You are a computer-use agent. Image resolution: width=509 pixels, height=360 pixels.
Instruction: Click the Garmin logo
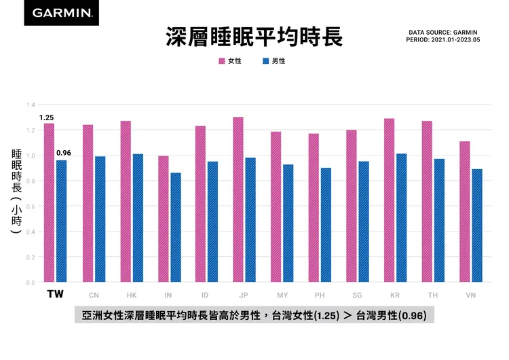(61, 13)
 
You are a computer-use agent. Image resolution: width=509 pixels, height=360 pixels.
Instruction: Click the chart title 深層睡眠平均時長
(254, 37)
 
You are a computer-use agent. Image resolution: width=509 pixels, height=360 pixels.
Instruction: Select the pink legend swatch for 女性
(222, 61)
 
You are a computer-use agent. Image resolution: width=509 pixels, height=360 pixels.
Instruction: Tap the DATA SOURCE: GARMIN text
(443, 32)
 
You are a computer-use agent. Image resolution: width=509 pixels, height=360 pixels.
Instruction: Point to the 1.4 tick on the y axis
(31, 105)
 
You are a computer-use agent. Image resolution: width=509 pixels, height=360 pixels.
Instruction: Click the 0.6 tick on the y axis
(31, 206)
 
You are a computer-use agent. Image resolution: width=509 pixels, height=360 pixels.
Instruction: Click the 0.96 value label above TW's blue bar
(63, 153)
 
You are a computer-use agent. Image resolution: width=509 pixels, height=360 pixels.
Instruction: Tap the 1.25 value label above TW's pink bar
(46, 118)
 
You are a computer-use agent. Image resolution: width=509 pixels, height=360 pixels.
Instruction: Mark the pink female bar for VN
(464, 211)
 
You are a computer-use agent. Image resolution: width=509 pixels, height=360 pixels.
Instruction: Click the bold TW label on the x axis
(55, 295)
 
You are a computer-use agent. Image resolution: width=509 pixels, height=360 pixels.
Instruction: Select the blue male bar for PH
(326, 225)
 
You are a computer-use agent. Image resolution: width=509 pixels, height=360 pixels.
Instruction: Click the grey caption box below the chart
(254, 317)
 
